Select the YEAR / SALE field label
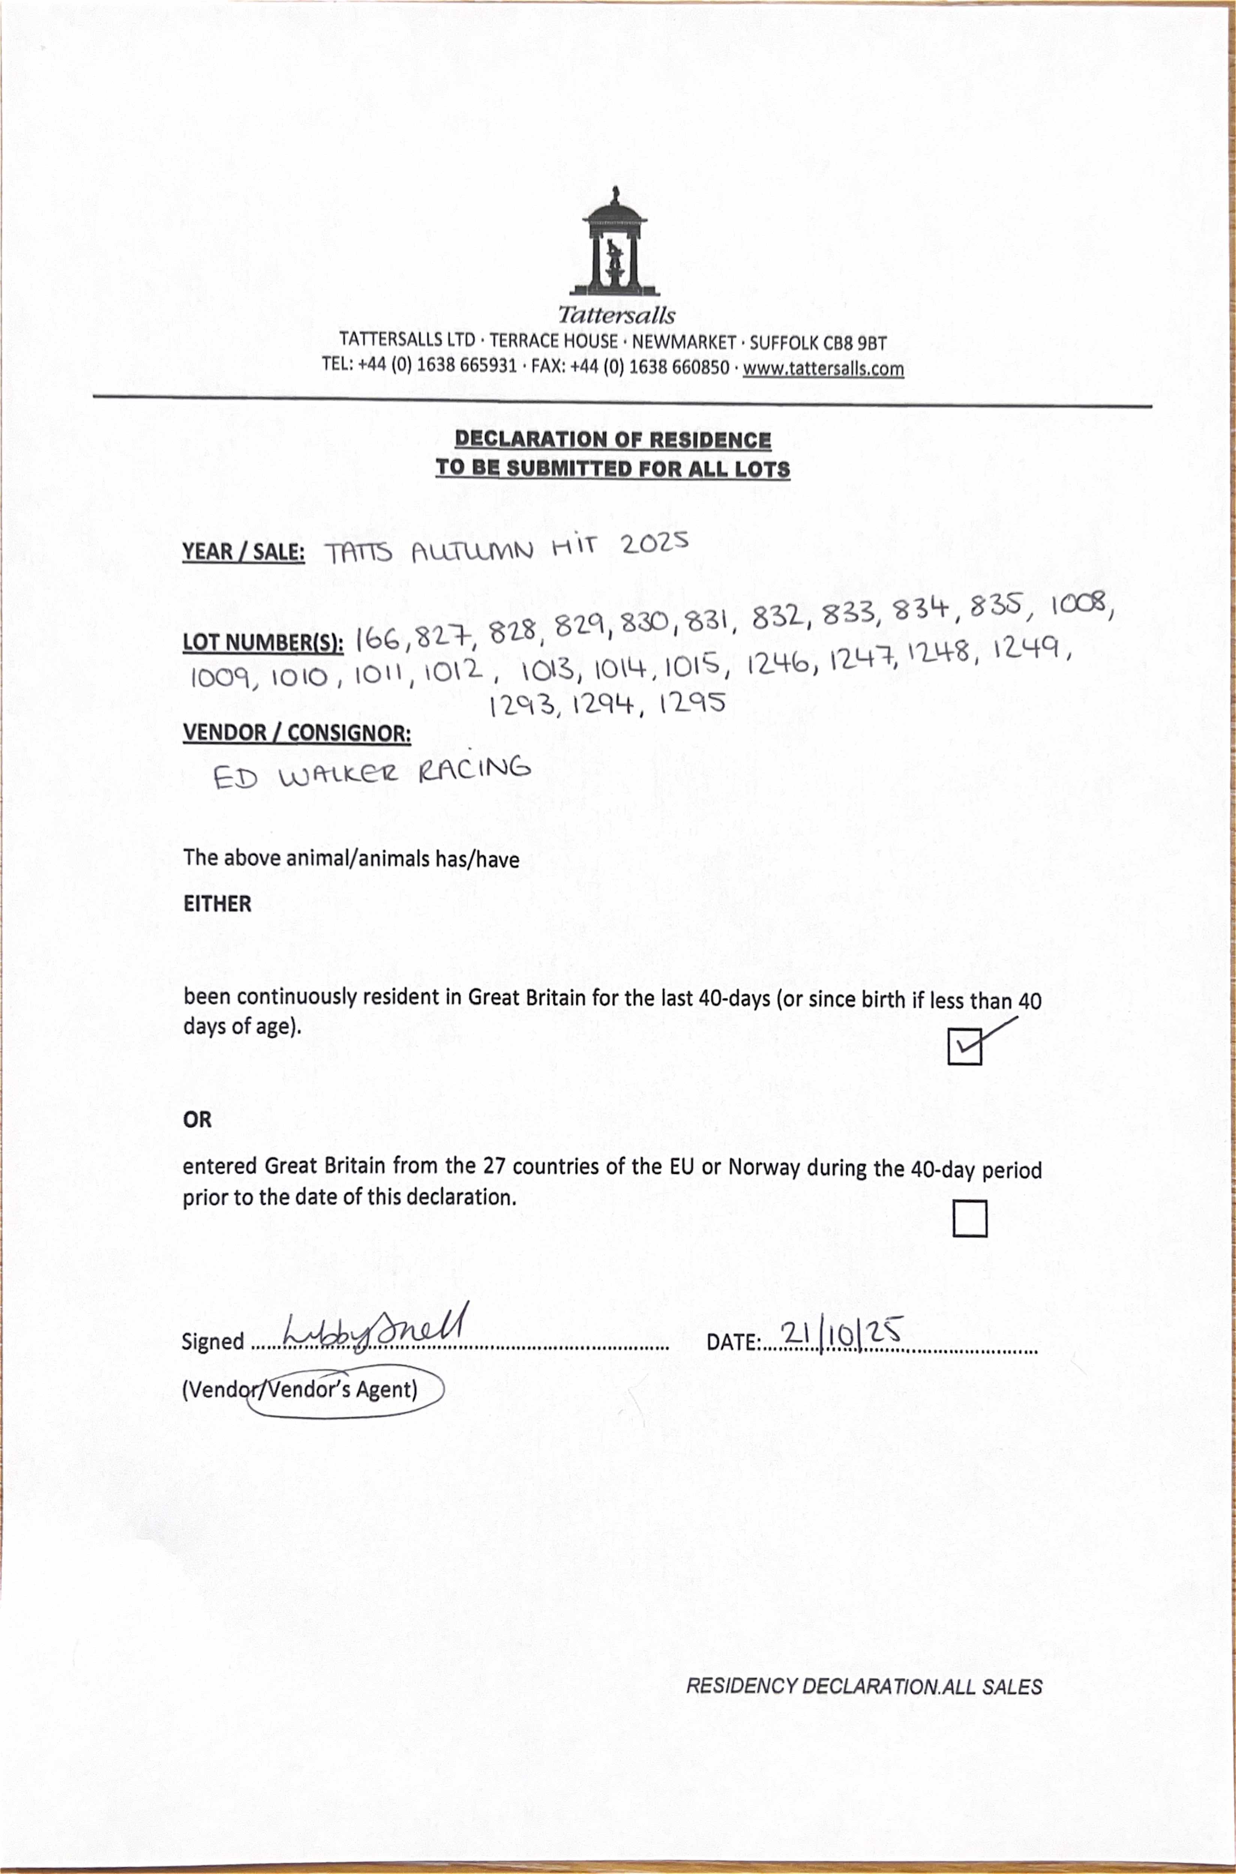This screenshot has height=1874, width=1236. [x=244, y=552]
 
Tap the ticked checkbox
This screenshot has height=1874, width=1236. [x=964, y=1046]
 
